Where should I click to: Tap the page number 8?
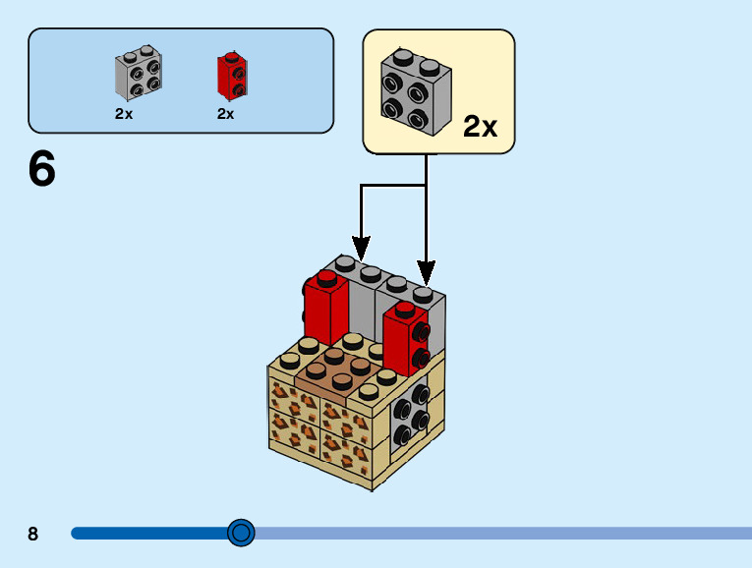[33, 534]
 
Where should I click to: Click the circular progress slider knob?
[241, 533]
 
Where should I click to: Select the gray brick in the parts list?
[139, 74]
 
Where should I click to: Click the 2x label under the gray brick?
[124, 113]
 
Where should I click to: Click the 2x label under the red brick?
[226, 113]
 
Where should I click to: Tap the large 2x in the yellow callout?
[480, 126]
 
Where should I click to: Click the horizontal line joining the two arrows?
[393, 184]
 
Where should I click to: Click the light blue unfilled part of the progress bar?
[492, 533]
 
